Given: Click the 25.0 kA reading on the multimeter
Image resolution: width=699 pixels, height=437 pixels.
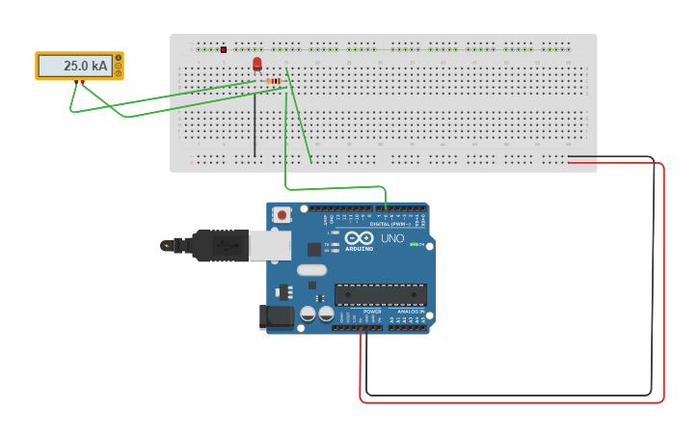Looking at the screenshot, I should (85, 66).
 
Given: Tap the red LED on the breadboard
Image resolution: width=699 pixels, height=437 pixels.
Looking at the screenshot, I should (256, 64).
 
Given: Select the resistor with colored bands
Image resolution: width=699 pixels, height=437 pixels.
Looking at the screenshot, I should (274, 81).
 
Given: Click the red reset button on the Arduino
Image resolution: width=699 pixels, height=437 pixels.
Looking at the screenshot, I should (282, 215).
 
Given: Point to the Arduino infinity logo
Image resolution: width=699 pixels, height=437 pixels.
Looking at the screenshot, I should (359, 238).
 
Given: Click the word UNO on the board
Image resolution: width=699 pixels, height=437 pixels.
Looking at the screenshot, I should (392, 238).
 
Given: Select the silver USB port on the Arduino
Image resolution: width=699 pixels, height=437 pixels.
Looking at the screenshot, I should (270, 245).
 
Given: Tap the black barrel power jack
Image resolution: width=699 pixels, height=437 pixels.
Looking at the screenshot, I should (276, 316).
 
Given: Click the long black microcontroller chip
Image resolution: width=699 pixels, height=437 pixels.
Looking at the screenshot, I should (381, 294).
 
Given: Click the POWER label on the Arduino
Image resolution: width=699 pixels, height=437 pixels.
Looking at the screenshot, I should (372, 312).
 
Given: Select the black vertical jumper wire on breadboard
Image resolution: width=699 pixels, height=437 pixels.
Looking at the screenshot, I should (255, 125).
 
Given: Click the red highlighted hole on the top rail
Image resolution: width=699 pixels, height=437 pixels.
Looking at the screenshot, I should (224, 49).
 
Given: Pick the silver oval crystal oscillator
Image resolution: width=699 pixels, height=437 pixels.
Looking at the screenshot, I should (311, 270).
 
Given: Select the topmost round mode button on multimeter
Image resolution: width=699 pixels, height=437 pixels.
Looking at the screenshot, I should (119, 58).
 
